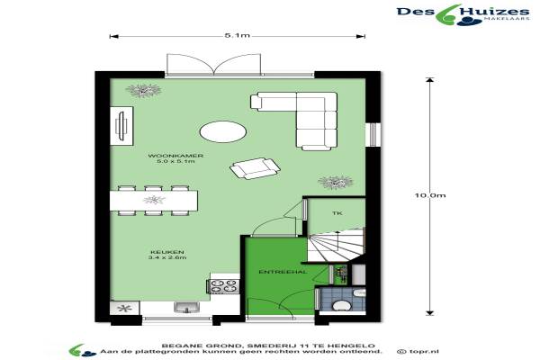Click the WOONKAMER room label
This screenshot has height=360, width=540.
[x=175, y=156]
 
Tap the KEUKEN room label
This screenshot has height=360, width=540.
[x=167, y=252]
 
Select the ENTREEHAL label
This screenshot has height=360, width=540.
[x=283, y=272]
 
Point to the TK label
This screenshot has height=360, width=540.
[x=337, y=213]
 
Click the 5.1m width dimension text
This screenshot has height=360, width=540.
[x=237, y=35]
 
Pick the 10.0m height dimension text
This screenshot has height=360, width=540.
[x=430, y=195]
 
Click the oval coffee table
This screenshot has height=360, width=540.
[x=223, y=131]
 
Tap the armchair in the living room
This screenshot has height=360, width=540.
[x=255, y=168]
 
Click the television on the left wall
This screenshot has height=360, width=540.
[x=121, y=126]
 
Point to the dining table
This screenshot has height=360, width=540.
[x=154, y=201]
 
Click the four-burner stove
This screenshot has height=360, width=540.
[x=223, y=286]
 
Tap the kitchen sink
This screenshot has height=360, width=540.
[x=186, y=307]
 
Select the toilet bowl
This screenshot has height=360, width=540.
[x=340, y=305]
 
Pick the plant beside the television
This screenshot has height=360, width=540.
[x=143, y=90]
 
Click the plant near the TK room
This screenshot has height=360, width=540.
[x=335, y=182]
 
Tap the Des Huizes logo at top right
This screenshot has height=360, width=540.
[x=463, y=14]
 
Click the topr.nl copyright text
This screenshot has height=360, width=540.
[x=418, y=352]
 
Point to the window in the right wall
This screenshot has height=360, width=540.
[x=373, y=134]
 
